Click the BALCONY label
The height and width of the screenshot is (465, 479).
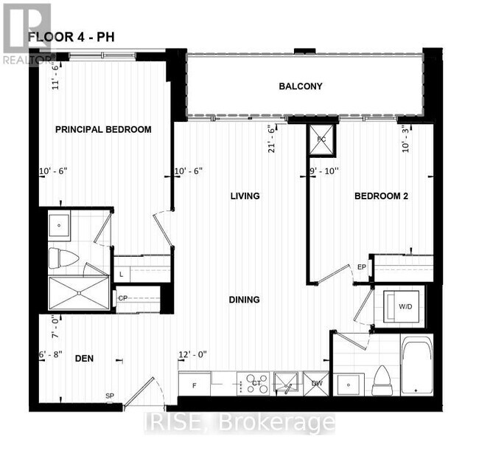pos(301,86)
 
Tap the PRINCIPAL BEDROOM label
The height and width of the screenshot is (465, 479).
pos(104,129)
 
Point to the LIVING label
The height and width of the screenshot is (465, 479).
pos(245,196)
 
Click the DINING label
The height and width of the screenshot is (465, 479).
pos(244,300)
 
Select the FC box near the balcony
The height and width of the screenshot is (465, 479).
pos(321,140)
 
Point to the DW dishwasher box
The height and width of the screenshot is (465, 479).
pos(315,383)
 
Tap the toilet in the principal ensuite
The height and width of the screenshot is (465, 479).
pos(63,258)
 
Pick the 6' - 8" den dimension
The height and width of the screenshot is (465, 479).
pos(53,355)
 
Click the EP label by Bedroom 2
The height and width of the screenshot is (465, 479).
pos(361,266)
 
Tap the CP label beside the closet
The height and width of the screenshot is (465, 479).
pos(123,298)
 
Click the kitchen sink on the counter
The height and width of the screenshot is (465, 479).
pos(285,382)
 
